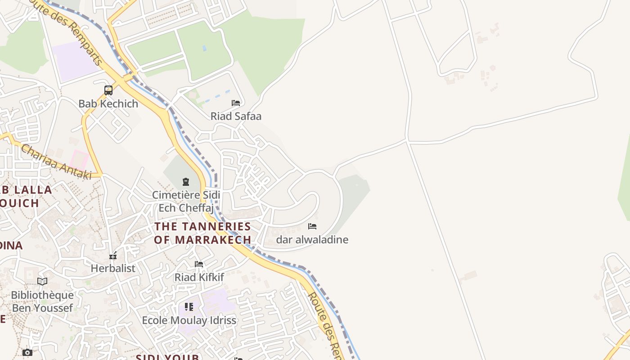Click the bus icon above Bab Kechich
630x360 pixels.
pos(108,90)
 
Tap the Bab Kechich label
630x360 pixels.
pos(108,103)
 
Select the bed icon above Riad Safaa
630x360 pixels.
pos(236,103)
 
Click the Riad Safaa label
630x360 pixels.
pos(236,116)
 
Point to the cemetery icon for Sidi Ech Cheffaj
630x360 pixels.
pos(185,182)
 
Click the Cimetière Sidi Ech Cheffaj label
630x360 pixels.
pos(186,201)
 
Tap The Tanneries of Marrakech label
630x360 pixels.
pos(202,233)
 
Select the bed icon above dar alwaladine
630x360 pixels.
pos(312,226)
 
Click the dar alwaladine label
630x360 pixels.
pos(312,239)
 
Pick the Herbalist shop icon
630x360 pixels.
pos(113,256)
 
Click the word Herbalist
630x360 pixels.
pos(113,268)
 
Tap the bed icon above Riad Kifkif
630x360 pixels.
pos(199,264)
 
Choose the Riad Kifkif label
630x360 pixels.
pos(199,277)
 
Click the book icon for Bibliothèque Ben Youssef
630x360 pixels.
pos(42,282)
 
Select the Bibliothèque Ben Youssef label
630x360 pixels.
pos(42,301)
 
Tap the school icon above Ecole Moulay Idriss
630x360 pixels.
pos(189,307)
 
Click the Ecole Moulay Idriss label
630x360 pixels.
pos(189,320)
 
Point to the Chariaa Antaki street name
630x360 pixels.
pos(56,162)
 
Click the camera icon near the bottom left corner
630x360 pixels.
pos(27,352)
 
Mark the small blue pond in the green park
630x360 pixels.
pos(205,48)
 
